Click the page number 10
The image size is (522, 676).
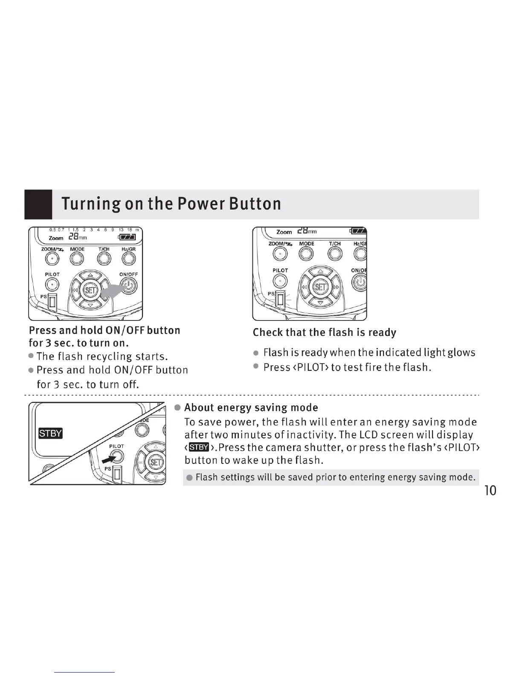(x=490, y=491)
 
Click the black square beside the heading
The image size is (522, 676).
(x=38, y=204)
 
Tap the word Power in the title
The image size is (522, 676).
(x=200, y=204)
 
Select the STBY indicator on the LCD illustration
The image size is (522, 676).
(x=51, y=433)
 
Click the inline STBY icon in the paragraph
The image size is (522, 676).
(x=198, y=447)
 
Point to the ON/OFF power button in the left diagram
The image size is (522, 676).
(x=128, y=285)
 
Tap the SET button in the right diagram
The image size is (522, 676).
(x=320, y=287)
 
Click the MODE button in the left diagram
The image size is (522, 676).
(x=77, y=259)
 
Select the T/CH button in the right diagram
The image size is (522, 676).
(x=335, y=253)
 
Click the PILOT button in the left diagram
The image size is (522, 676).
(x=52, y=284)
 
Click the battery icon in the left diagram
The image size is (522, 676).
(x=128, y=237)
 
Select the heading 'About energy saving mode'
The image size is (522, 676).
(x=251, y=408)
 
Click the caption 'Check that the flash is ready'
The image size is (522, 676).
(x=324, y=332)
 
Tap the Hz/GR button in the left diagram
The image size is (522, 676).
(x=128, y=259)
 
